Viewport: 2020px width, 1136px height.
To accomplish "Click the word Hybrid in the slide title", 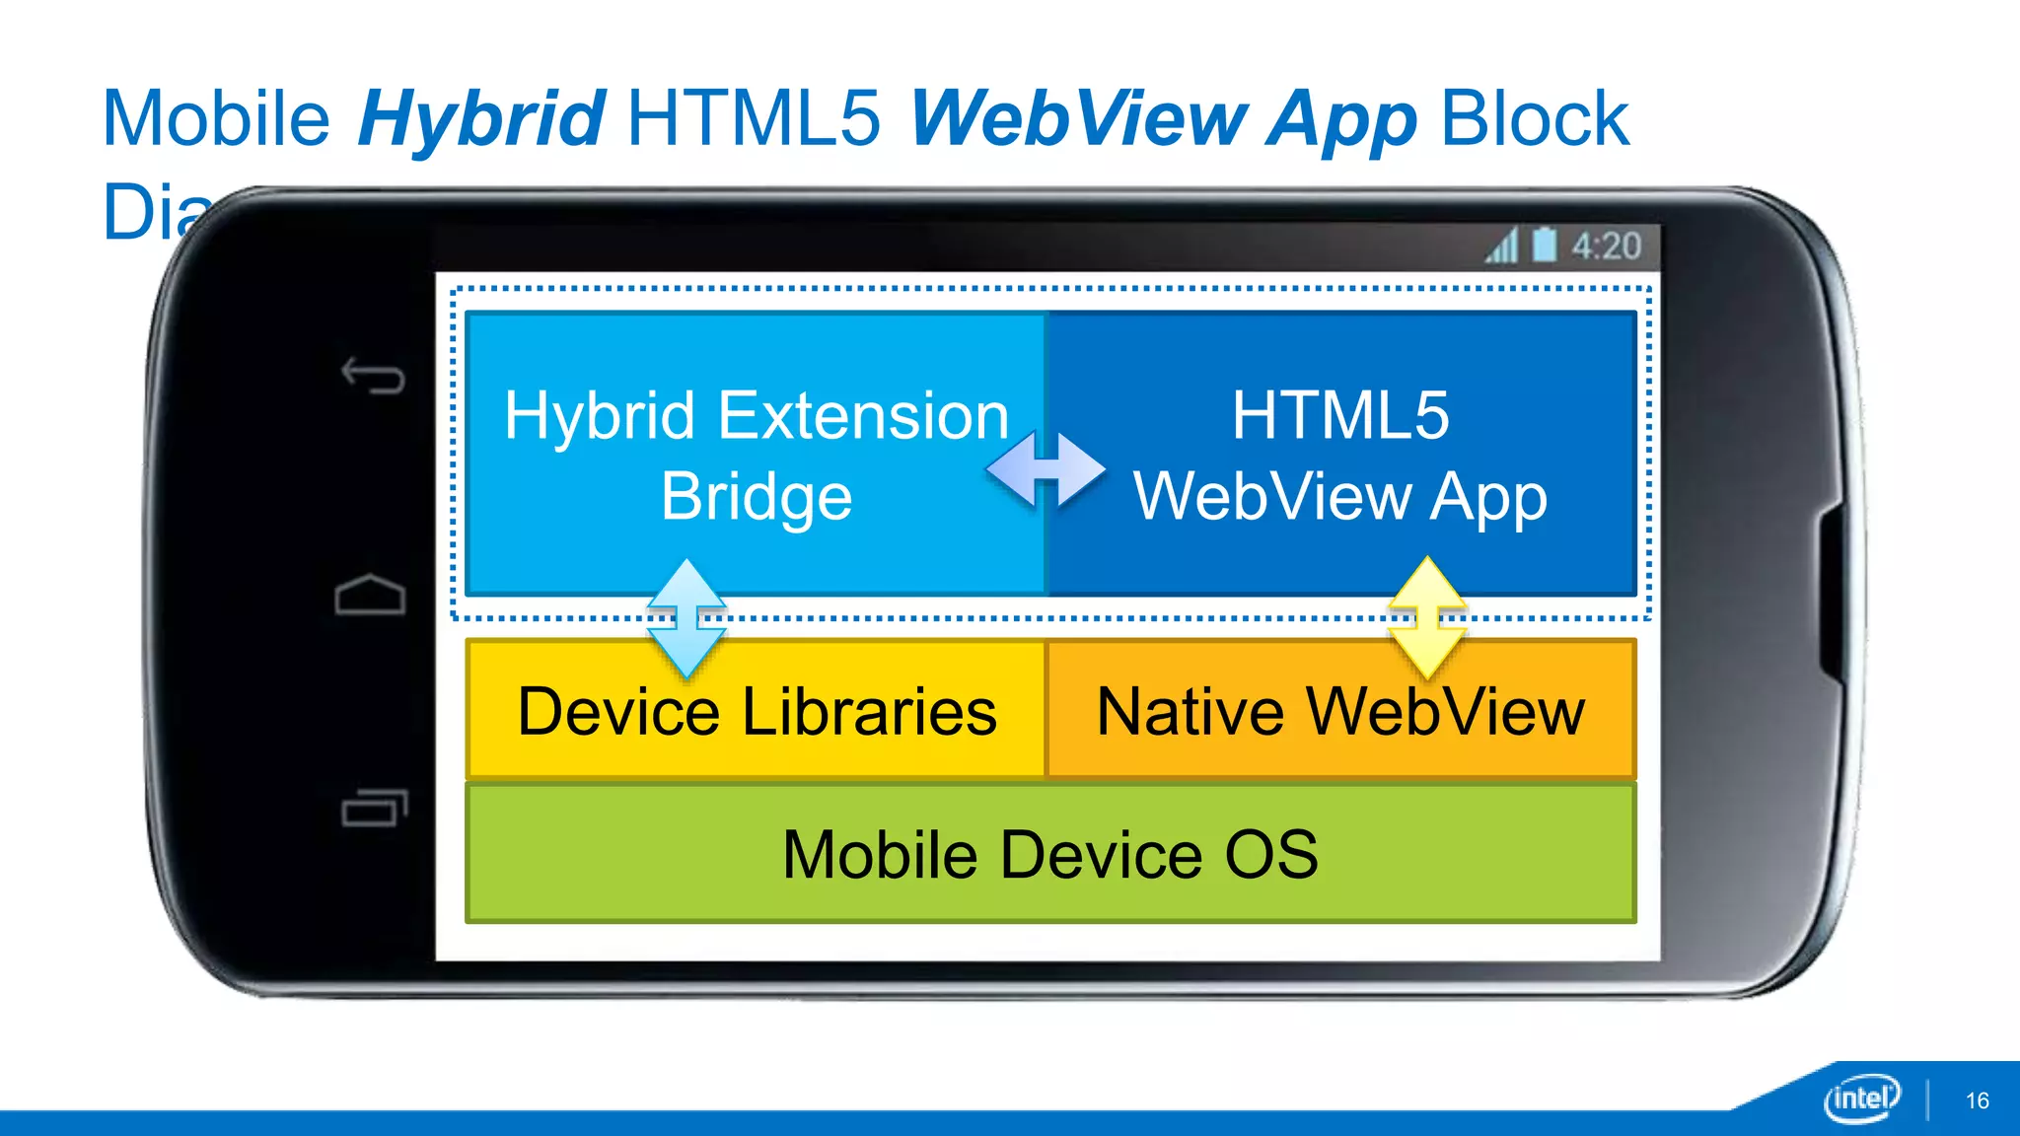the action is [x=481, y=119].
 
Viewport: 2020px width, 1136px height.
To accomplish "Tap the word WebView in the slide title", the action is [x=1079, y=119].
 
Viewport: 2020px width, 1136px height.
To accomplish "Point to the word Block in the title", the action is [x=1535, y=119].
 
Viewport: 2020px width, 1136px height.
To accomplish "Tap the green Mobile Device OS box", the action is [x=1050, y=854].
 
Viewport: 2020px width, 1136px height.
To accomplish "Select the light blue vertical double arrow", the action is [x=686, y=618].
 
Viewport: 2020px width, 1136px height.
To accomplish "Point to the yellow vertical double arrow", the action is [x=1427, y=617].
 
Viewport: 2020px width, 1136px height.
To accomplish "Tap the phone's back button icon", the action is [x=373, y=376].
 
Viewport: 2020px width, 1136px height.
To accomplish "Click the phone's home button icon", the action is [x=370, y=595].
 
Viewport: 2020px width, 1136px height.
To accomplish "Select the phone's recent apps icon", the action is [x=374, y=808].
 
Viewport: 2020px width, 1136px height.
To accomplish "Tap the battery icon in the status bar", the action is [x=1545, y=246].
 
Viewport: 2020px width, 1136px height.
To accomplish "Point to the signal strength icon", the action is [x=1502, y=247].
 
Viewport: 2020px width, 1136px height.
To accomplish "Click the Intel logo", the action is [x=1861, y=1098].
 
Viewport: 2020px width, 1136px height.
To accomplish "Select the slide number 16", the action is [x=1977, y=1100].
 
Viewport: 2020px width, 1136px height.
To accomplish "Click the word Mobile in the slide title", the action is [x=216, y=119].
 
